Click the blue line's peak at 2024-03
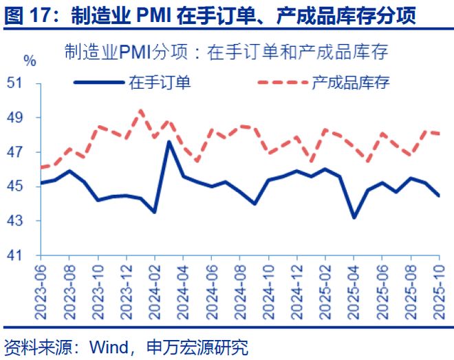pos(169,142)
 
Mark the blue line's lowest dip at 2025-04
pos(354,218)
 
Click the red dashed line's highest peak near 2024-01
pos(141,110)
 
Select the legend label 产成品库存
pos(351,83)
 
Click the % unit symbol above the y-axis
pos(29,61)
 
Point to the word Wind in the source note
pos(103,346)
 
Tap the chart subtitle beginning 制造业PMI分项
pos(227,52)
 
